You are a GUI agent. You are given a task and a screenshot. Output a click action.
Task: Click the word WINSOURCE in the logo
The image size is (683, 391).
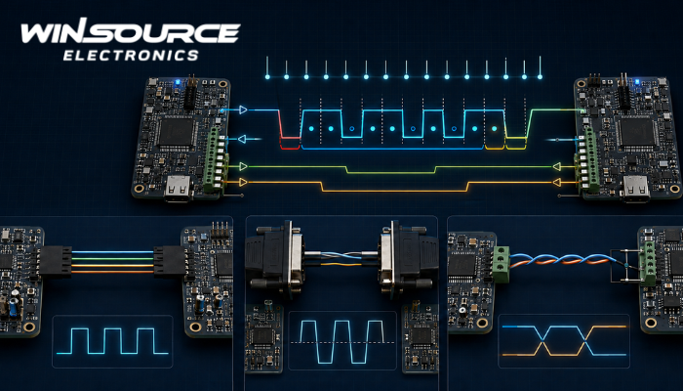[131, 32]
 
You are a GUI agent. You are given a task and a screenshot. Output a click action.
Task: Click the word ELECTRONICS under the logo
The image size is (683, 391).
[131, 56]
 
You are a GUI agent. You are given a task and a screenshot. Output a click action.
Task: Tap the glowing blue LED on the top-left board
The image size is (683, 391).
[177, 81]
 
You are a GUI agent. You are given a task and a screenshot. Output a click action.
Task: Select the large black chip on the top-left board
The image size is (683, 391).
[176, 132]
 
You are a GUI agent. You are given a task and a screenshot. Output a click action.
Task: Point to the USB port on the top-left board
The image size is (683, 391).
[179, 189]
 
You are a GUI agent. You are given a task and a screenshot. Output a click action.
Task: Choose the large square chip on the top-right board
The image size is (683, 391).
[638, 132]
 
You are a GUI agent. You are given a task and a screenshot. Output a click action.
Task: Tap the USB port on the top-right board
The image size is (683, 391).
[636, 189]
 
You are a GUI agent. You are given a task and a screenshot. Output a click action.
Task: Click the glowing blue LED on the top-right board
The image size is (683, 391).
[637, 81]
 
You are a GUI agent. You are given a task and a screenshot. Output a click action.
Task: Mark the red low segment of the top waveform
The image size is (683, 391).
[290, 138]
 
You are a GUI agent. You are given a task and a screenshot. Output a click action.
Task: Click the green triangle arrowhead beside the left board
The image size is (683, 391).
[243, 166]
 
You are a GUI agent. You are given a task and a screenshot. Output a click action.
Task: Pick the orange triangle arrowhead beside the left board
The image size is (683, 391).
[243, 182]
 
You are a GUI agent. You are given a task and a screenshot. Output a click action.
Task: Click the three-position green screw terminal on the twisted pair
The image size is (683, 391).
[502, 265]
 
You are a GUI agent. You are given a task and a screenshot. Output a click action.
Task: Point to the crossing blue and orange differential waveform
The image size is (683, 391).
[564, 340]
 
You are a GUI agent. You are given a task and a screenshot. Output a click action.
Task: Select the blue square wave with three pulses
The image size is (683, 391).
[112, 341]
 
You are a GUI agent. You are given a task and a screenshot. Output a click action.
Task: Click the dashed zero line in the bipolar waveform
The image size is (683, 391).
[341, 342]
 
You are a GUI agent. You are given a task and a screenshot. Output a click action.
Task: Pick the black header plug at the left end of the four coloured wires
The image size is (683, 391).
[55, 261]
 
